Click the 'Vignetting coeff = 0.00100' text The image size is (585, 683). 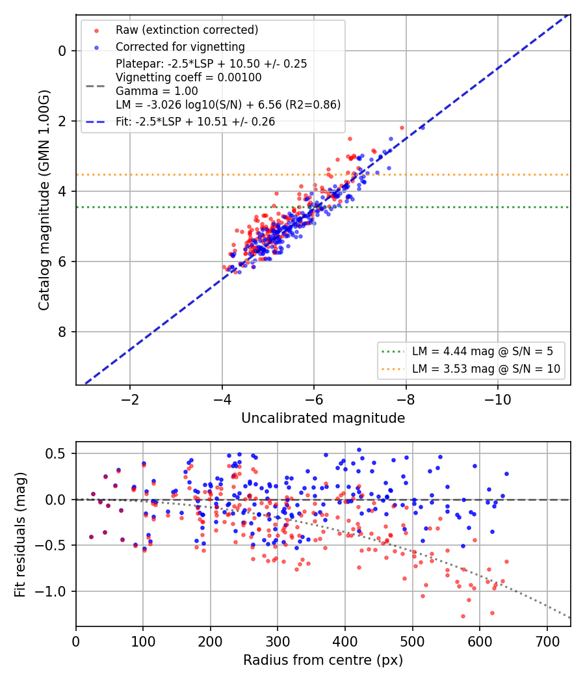pos(188,77)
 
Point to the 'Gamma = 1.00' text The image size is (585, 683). pos(157,91)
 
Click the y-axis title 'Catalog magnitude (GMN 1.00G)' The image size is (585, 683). pos(44,200)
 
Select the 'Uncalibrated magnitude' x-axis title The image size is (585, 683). pos(323,418)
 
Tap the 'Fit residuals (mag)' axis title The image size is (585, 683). pos(20,535)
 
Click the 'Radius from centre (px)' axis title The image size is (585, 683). pos(323,660)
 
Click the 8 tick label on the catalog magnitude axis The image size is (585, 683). pos(62,332)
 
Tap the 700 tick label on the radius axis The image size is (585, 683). pos(547,641)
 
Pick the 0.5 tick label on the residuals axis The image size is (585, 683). pos(56,453)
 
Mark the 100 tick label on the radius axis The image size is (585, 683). pos(143,641)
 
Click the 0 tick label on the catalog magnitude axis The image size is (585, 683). pos(62,51)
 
